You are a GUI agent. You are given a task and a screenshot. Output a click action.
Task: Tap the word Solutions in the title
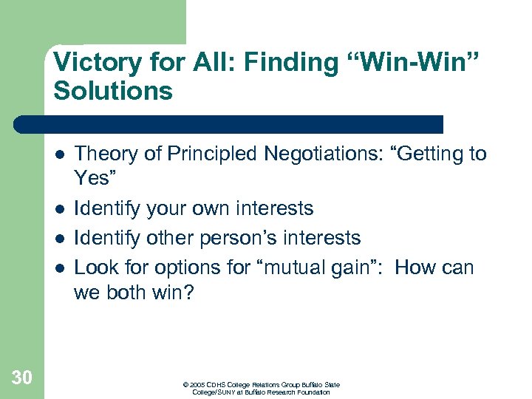pos(113,91)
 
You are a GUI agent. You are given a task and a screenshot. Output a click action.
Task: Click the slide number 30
pos(22,378)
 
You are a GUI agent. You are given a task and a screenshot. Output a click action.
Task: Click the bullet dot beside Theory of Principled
pos(59,154)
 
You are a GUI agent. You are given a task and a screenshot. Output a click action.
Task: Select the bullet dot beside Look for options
pos(59,267)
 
